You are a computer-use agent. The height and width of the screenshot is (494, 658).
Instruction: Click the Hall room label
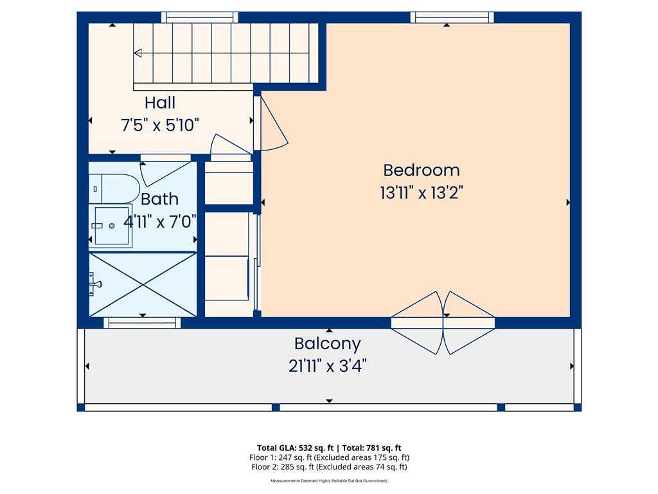pos(160,102)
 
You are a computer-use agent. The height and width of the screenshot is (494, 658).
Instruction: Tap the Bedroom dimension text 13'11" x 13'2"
pos(422,193)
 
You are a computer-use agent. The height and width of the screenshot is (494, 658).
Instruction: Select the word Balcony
pos(327,344)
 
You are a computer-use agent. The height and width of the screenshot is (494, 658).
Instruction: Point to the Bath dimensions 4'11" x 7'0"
pos(160,221)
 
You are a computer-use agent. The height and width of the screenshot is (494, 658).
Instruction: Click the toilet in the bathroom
pos(114,189)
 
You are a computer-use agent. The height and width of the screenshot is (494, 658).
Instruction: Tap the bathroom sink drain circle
pos(112,226)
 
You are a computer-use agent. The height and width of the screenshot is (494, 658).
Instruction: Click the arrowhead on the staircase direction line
pos(138,53)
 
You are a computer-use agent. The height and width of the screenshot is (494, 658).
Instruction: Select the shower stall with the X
pos(143,284)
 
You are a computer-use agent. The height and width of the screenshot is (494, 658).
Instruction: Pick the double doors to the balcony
pos(443,323)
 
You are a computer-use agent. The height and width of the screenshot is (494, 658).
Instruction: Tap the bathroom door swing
pos(164,172)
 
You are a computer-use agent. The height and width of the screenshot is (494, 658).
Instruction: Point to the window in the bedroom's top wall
pos(452,17)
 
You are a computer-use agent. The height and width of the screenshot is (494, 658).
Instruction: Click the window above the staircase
pos(200,17)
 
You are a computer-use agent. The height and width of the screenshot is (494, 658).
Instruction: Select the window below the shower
pos(142,323)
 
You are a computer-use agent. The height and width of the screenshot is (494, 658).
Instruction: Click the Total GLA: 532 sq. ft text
pos(296,448)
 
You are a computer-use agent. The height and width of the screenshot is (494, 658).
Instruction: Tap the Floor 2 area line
pos(329,467)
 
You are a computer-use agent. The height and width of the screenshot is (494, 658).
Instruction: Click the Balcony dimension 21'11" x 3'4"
pos(327,366)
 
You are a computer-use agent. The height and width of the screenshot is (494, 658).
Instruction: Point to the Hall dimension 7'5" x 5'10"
pos(160,125)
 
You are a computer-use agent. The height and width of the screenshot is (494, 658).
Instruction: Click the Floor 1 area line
pos(329,457)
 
